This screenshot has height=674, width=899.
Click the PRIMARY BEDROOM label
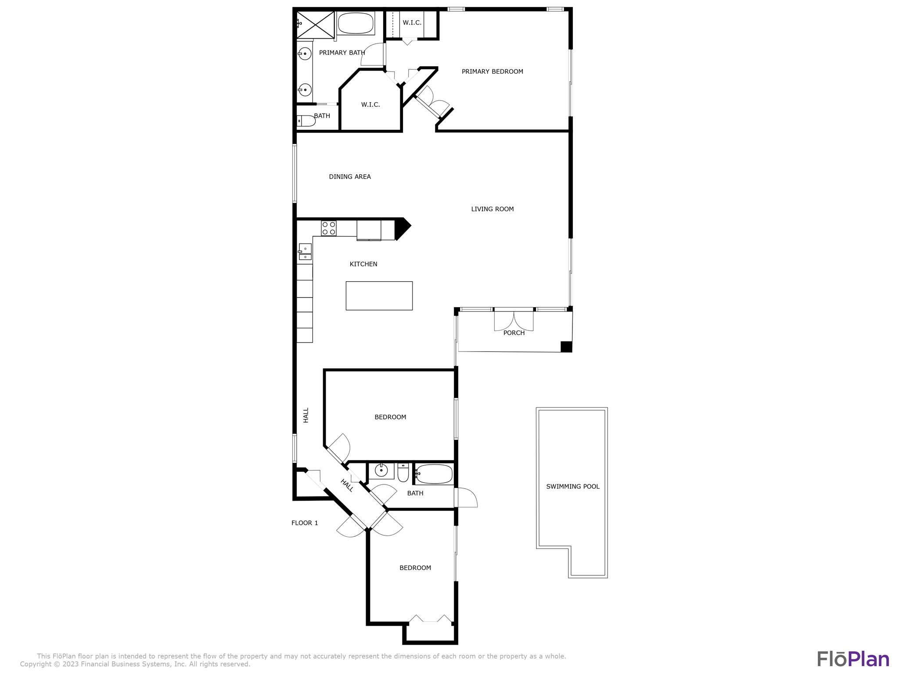point(492,72)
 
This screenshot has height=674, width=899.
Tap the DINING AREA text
point(350,177)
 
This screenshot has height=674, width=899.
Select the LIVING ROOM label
point(492,209)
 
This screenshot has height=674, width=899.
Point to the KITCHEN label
point(363,264)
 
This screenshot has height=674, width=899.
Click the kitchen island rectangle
point(379,296)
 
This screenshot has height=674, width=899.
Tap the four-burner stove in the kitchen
point(329,228)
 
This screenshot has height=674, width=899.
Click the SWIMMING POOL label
point(573,486)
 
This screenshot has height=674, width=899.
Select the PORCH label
point(514,333)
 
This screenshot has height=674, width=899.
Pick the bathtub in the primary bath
point(356,23)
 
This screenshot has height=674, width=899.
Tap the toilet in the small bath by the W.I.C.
point(306,121)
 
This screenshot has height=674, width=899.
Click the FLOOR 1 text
point(305,523)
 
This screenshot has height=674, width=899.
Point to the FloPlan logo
point(853,659)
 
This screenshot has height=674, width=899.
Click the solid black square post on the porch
point(566,347)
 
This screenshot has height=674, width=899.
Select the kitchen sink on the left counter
point(305,252)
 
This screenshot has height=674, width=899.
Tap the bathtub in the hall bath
point(434,474)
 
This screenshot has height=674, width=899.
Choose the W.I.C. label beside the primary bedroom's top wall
point(412,23)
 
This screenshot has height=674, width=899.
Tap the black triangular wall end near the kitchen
point(402,229)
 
